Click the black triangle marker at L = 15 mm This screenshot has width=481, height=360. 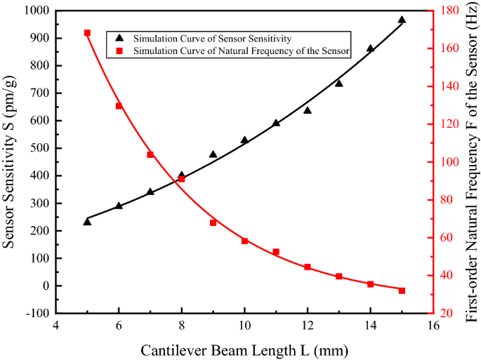pyautogui.click(x=402, y=20)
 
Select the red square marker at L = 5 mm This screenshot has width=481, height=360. pyautogui.click(x=87, y=33)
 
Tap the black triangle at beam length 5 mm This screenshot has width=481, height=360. pyautogui.click(x=87, y=222)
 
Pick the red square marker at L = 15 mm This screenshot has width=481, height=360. pyautogui.click(x=402, y=291)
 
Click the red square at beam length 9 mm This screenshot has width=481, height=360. pyautogui.click(x=213, y=223)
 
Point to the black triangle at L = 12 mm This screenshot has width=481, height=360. pyautogui.click(x=308, y=110)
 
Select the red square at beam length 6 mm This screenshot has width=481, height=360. pyautogui.click(x=119, y=106)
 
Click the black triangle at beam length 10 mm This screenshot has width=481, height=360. pyautogui.click(x=244, y=140)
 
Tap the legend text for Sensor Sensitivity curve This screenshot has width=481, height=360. pyautogui.click(x=212, y=38)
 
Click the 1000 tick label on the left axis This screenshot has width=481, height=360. pyautogui.click(x=37, y=11)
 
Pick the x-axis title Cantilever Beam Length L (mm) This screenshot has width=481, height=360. pyautogui.click(x=244, y=349)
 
